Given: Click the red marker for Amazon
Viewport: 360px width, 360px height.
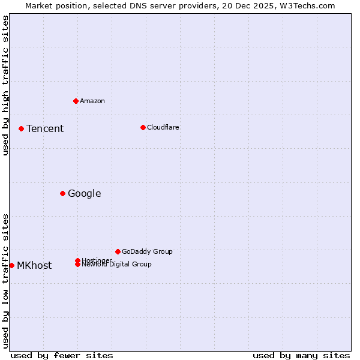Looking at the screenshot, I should pos(76,101).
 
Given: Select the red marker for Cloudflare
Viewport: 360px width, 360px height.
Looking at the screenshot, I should pos(143,127).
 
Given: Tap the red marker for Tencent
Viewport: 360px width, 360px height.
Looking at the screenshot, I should pos(21,128).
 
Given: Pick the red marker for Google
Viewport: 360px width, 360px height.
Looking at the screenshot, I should pos(62,193).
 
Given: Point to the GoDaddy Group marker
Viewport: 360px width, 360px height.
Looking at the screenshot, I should pos(118,251).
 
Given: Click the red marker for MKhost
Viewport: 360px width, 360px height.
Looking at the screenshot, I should pos(11,265).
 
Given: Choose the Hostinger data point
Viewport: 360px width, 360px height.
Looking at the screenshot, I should pos(77,260).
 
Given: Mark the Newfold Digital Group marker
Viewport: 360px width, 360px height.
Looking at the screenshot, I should pos(77,265).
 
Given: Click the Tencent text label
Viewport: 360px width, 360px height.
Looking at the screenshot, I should pos(45,129).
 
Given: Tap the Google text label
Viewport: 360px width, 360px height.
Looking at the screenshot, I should pos(85,194).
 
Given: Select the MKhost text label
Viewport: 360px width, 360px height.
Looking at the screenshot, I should pos(34,266).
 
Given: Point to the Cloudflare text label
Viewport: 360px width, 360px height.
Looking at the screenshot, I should pos(163,128).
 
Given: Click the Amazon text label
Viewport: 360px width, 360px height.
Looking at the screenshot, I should pos(92,101).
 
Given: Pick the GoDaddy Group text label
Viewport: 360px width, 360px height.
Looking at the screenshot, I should pos(147,252).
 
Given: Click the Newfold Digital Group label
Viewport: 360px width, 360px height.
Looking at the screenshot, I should pos(117,265).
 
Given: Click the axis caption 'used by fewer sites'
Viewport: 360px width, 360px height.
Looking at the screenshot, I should pos(62,355).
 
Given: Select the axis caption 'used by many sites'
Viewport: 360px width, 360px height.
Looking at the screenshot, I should pos(301,355).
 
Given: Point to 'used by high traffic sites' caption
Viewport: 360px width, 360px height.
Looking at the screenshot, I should pos(6,85).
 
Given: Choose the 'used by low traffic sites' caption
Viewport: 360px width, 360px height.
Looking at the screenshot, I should pos(6,281).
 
